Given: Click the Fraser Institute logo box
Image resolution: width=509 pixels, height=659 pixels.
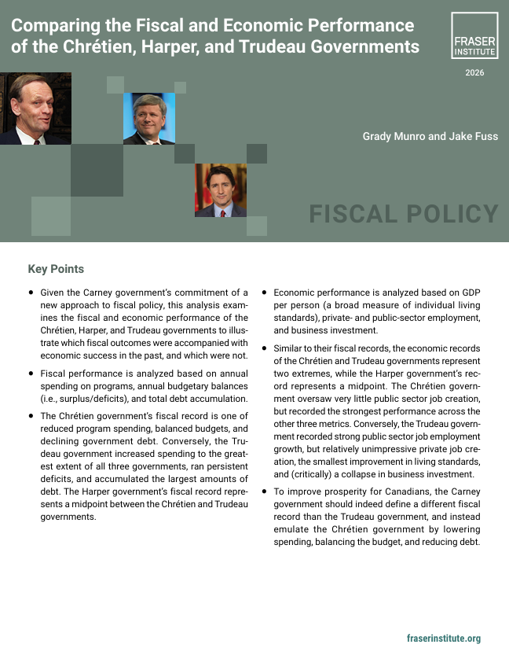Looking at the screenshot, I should [x=474, y=35].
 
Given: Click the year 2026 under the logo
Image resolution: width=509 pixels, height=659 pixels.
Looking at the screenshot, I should [x=474, y=73].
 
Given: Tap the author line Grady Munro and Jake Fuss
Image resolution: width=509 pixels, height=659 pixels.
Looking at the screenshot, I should [x=430, y=136].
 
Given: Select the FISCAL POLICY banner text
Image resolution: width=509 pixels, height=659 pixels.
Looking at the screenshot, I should [x=404, y=214].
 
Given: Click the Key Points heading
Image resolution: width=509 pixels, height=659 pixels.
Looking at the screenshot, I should [x=56, y=269].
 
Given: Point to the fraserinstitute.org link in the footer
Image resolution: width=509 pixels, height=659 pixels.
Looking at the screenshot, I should [x=444, y=639].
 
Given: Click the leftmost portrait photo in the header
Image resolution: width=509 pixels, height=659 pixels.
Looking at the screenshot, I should [x=35, y=109].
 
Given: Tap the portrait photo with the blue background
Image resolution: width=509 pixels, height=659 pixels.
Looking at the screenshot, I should [x=148, y=119].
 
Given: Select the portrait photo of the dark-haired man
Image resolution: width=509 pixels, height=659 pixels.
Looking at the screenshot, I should [x=220, y=190].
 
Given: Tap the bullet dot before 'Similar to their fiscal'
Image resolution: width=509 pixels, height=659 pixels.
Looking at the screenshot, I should [x=264, y=348].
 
